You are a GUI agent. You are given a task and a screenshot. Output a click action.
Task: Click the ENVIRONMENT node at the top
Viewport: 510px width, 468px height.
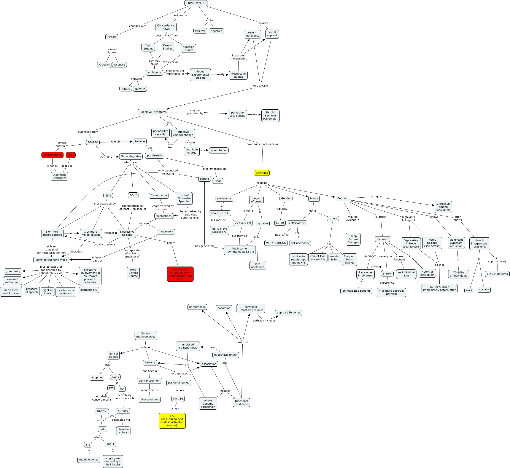(x=196, y=3)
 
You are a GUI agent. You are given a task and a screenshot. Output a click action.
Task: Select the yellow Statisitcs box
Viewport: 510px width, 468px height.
(x=262, y=173)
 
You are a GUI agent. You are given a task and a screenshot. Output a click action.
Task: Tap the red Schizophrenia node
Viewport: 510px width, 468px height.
(x=52, y=155)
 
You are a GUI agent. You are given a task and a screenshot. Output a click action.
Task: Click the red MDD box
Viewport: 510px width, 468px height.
(x=71, y=155)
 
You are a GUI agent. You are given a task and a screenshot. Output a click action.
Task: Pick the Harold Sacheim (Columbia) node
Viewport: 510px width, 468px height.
(x=270, y=115)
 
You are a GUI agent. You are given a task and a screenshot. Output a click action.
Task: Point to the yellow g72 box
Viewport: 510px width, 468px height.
(x=172, y=421)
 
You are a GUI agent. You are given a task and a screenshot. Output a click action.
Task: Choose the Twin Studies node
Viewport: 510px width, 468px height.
(x=148, y=47)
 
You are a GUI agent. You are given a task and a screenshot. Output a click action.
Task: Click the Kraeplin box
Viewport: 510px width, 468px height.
(x=104, y=65)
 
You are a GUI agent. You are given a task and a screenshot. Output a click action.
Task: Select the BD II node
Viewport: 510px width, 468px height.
(x=133, y=195)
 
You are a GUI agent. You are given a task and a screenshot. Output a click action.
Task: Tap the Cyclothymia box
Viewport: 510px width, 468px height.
(x=159, y=195)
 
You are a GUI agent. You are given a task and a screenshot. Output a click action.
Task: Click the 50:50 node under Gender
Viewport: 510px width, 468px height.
(x=280, y=223)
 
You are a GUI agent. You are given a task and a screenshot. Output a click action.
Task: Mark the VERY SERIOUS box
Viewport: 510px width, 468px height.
(x=276, y=243)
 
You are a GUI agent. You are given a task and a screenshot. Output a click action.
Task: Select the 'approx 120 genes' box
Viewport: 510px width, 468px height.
(x=289, y=313)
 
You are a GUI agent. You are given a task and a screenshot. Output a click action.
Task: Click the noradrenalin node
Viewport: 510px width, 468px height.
(x=197, y=307)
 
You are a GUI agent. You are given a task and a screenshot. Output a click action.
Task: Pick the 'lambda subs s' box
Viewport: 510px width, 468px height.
(x=124, y=431)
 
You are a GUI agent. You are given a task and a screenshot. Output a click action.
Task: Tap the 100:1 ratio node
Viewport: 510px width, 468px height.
(x=110, y=444)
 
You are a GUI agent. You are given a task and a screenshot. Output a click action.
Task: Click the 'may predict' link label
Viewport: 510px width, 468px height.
(x=260, y=86)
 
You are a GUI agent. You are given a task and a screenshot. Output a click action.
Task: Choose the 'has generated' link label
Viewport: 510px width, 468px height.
(x=204, y=246)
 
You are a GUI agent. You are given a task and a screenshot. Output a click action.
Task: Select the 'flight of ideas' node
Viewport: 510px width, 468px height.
(x=48, y=291)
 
